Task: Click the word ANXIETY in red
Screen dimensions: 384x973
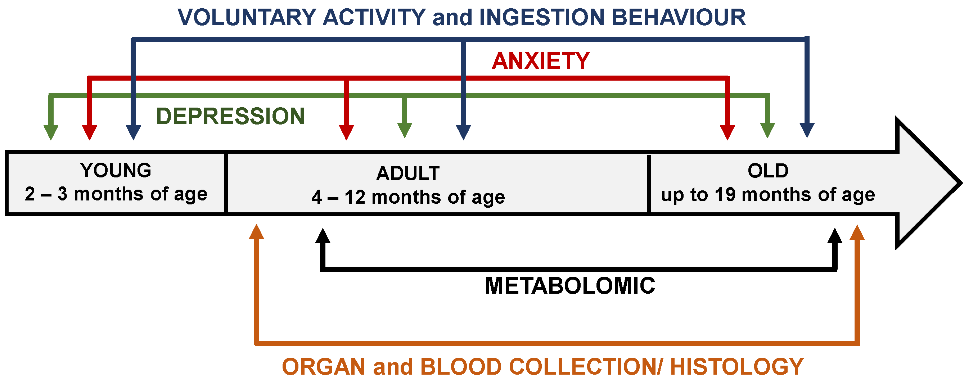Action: (x=541, y=61)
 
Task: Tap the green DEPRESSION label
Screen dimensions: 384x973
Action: (x=230, y=116)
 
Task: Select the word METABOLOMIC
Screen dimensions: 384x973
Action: (x=569, y=286)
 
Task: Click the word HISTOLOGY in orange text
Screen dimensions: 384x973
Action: (x=736, y=367)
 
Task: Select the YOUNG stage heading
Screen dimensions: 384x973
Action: (x=116, y=170)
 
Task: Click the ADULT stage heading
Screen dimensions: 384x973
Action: (x=408, y=173)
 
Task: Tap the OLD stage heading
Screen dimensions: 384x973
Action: (x=768, y=171)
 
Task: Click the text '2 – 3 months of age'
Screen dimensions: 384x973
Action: (x=116, y=194)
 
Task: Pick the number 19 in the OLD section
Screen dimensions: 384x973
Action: (x=725, y=195)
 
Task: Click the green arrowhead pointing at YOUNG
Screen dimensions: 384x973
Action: (x=51, y=132)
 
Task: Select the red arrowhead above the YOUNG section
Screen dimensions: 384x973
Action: (x=90, y=132)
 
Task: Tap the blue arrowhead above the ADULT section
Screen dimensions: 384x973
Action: (x=463, y=132)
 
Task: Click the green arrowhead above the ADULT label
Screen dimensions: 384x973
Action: (x=405, y=130)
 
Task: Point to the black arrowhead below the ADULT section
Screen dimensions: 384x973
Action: (x=323, y=237)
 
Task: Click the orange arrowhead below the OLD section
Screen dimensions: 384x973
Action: (x=857, y=233)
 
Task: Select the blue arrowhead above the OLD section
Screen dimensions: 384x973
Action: (x=807, y=130)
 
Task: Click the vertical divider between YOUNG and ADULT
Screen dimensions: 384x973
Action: (x=226, y=183)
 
